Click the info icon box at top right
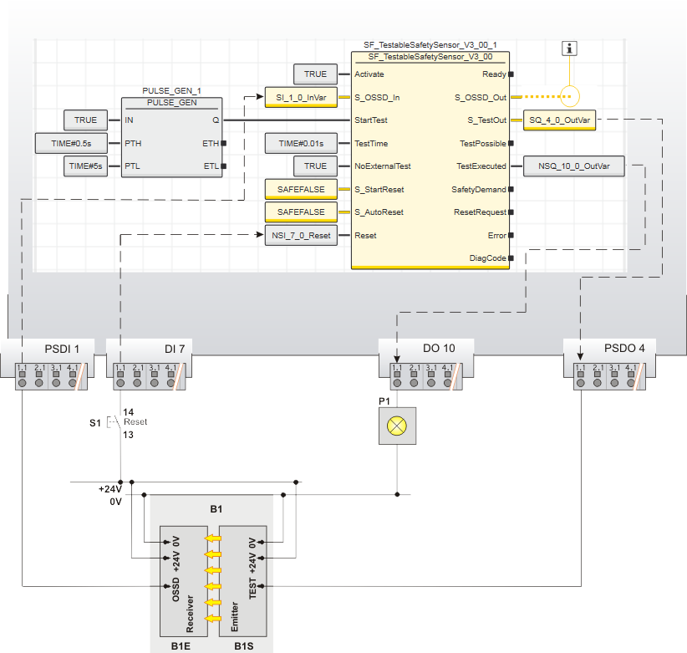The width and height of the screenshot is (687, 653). tap(570, 48)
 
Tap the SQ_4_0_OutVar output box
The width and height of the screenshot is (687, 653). tap(559, 120)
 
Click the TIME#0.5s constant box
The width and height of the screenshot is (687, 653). tap(70, 143)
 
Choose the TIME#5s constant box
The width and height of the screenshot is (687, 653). tap(86, 166)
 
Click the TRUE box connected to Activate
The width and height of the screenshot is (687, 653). tap(315, 74)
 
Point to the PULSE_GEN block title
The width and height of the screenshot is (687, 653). tap(170, 103)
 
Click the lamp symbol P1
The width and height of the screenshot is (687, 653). tap(396, 426)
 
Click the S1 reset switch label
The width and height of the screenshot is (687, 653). tap(94, 423)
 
